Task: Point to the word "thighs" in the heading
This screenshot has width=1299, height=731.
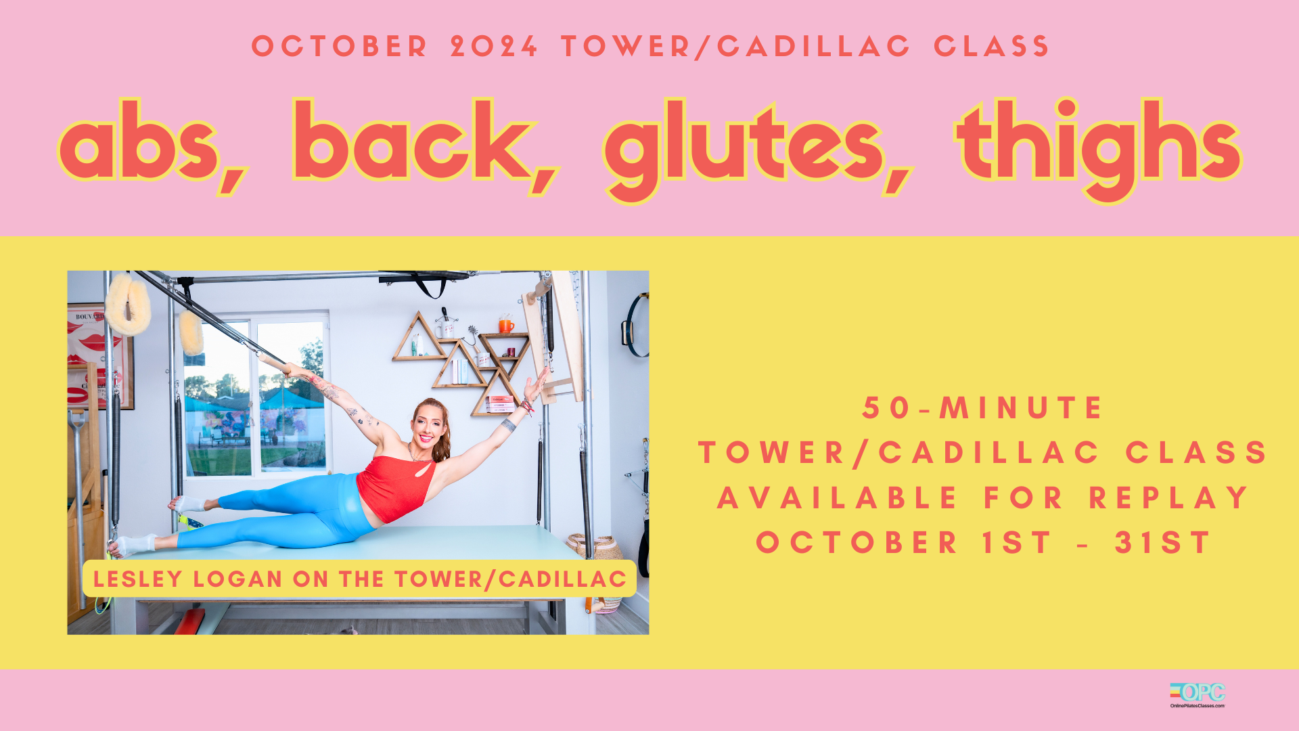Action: [x=1098, y=149]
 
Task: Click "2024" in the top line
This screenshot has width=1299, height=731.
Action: [x=495, y=46]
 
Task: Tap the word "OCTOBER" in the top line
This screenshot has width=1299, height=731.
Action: [x=340, y=46]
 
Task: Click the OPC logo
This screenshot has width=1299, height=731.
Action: [x=1198, y=695]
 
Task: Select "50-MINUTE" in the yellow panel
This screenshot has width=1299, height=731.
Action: [x=982, y=408]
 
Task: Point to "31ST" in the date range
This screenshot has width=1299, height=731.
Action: [x=1163, y=543]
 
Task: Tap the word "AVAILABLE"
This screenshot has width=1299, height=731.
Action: [x=838, y=498]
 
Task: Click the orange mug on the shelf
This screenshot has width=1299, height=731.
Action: [x=506, y=325]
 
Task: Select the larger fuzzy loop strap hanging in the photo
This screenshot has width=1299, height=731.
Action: [x=128, y=305]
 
